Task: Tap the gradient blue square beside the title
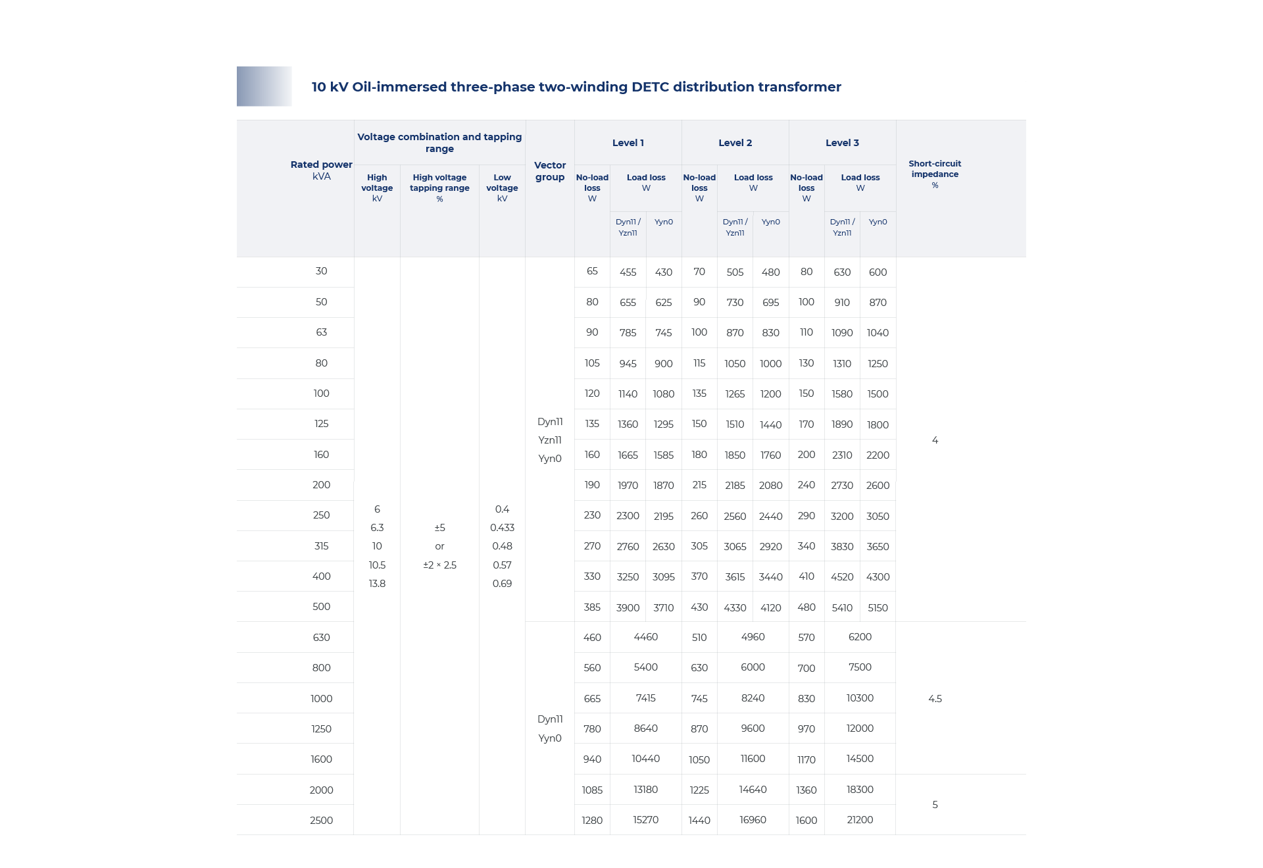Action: [x=264, y=86]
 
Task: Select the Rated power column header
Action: [x=321, y=170]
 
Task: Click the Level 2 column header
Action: [x=735, y=143]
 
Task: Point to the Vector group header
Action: [x=550, y=171]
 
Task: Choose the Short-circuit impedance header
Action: [x=935, y=174]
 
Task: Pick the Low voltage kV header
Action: [x=502, y=188]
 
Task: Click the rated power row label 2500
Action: [x=321, y=820]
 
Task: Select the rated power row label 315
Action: [x=321, y=546]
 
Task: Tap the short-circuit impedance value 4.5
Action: [x=935, y=698]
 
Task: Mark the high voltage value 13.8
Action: [x=377, y=583]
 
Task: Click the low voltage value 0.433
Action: [x=502, y=527]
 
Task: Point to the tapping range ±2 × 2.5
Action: [x=439, y=565]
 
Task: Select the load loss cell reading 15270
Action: [x=645, y=819]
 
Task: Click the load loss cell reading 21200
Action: [x=860, y=819]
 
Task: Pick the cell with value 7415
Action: [x=645, y=698]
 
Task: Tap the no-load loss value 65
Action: [x=592, y=270]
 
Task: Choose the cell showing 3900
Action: [x=628, y=607]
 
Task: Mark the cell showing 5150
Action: [x=878, y=607]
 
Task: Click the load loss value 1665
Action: [x=628, y=455]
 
